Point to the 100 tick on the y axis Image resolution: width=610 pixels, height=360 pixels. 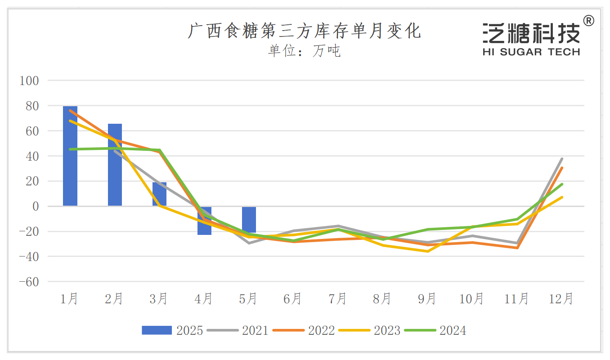(30, 81)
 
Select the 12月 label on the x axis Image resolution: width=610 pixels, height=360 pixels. (561, 298)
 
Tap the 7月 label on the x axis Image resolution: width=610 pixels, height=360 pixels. (338, 298)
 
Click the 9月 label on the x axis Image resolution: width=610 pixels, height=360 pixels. (427, 298)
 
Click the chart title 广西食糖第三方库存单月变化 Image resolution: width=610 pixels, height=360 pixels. (304, 31)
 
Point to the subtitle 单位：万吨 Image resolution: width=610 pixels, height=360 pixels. (304, 51)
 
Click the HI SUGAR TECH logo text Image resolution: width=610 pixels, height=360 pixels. (531, 52)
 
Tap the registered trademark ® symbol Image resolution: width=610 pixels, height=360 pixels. (588, 21)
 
